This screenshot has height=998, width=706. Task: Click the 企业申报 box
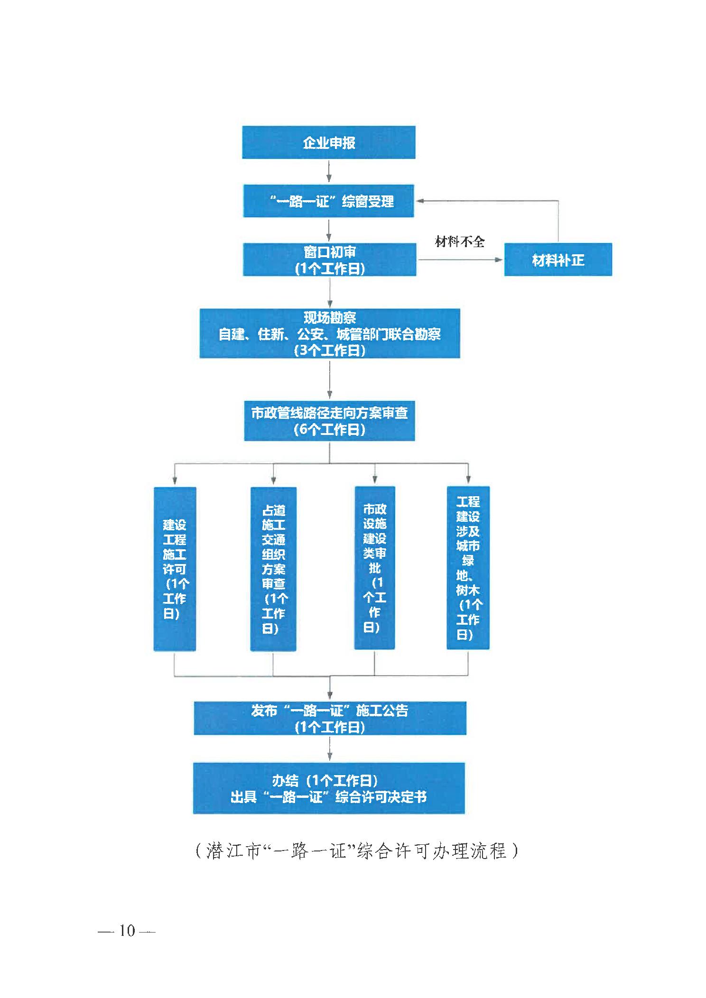[x=329, y=142]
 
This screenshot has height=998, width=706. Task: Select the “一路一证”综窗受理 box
[x=329, y=201]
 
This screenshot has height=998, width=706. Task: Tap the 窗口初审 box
[x=330, y=259]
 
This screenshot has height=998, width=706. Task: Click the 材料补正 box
[x=558, y=259]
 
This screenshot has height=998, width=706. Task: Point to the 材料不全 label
[x=460, y=242]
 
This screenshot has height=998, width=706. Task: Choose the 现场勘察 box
[x=330, y=333]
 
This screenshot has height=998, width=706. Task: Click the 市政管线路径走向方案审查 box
[x=330, y=421]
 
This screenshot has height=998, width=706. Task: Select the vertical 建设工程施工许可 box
[x=175, y=569]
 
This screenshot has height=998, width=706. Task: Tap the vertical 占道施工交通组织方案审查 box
[x=273, y=569]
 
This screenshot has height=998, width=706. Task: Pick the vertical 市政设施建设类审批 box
[x=375, y=568]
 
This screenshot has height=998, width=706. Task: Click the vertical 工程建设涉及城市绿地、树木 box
[x=468, y=568]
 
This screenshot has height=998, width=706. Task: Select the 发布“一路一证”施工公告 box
[x=330, y=719]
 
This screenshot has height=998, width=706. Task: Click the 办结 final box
[x=329, y=788]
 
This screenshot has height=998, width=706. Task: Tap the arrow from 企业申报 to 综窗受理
[x=329, y=172]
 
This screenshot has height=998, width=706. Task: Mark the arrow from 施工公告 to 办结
[x=330, y=748]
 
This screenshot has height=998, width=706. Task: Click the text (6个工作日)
[x=330, y=430]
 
